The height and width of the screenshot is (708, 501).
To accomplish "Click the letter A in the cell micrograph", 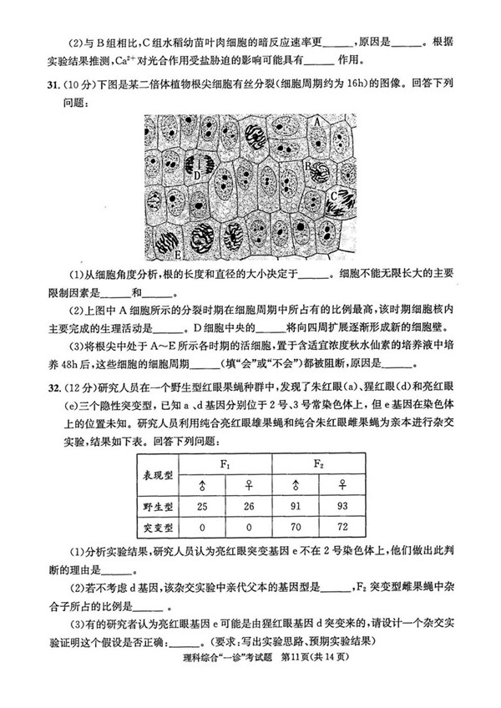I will (x=317, y=122).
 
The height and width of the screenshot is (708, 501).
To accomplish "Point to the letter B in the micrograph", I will (x=307, y=167).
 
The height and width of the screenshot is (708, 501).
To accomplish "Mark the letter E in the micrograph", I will (x=177, y=252).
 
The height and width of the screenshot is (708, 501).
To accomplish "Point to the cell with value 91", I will (x=295, y=506).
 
